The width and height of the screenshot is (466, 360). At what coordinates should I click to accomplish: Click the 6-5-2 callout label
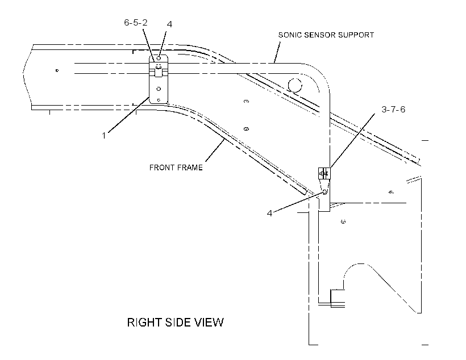135,23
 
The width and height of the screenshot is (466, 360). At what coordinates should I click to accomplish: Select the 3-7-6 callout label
393,110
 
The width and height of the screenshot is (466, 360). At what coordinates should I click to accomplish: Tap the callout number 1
104,136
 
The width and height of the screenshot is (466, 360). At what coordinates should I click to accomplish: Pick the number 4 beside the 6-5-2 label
169,24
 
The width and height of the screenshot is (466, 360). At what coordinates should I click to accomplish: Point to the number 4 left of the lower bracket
269,214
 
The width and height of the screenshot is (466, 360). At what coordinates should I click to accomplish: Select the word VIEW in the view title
209,323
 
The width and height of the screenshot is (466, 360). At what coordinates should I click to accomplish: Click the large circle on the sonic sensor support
295,86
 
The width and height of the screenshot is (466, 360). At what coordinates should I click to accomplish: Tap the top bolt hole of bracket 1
159,58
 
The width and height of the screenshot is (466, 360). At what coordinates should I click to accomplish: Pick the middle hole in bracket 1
159,89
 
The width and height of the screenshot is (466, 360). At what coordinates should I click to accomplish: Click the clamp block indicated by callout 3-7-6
324,173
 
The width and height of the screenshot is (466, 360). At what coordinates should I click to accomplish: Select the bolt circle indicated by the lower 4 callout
325,192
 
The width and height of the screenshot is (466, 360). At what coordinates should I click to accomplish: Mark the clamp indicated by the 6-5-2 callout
158,70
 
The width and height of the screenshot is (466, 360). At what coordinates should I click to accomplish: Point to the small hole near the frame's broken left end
57,70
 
